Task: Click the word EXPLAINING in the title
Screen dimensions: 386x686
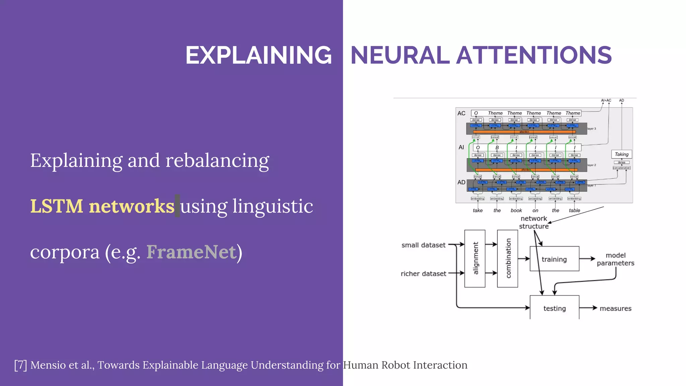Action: tap(259, 55)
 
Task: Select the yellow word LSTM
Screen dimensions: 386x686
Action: tap(57, 206)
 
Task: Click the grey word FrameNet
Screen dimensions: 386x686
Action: tap(191, 252)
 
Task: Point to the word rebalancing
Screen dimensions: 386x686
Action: tap(217, 161)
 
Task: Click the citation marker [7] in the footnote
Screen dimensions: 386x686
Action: tap(20, 365)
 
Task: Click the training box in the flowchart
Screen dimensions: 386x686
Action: tap(554, 259)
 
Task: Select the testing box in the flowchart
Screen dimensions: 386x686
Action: tap(554, 308)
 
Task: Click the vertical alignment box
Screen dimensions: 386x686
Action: tap(475, 258)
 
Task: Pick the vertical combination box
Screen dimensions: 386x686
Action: tap(507, 258)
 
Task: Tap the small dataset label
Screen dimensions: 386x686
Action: tap(423, 245)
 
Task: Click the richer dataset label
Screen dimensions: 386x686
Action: tap(423, 273)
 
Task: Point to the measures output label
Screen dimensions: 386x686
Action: tap(615, 308)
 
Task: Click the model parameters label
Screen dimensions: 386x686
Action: tap(615, 259)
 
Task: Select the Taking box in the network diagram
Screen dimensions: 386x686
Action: tap(621, 154)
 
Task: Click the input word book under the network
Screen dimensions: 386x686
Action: tap(516, 210)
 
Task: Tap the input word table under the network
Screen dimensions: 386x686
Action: tap(574, 210)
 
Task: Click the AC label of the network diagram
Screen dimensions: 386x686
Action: tap(461, 113)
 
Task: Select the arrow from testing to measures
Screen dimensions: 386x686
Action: tap(588, 308)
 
